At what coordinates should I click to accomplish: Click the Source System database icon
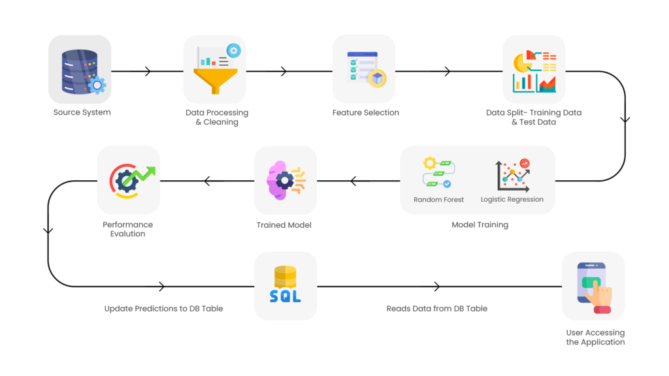(x=80, y=69)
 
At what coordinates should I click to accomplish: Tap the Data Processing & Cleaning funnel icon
(x=216, y=69)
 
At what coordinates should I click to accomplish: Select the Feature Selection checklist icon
(x=363, y=69)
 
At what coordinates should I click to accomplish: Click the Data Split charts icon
(x=534, y=69)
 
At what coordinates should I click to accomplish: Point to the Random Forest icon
(x=439, y=172)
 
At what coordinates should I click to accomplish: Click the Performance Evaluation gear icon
(x=129, y=180)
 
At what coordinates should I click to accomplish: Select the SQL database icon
(x=286, y=286)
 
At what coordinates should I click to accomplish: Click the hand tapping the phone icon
(x=593, y=286)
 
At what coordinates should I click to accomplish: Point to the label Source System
(x=82, y=112)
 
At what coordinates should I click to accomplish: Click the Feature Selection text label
(x=365, y=112)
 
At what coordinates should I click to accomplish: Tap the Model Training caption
(x=480, y=225)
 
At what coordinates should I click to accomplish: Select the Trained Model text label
(x=284, y=225)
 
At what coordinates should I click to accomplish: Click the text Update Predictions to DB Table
(x=163, y=309)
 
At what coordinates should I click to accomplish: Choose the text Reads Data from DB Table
(x=437, y=309)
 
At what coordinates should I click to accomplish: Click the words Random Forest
(x=439, y=200)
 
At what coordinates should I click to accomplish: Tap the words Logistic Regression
(x=512, y=200)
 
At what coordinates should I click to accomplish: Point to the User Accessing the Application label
(x=595, y=337)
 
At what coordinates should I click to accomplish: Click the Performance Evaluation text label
(x=128, y=229)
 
